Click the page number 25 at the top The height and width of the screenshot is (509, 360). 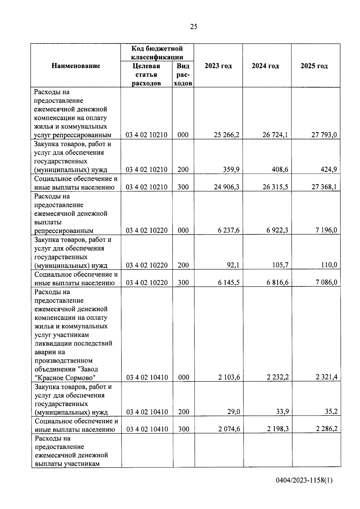[194, 27]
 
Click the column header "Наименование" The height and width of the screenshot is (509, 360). [76, 66]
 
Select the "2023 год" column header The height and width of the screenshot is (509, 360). [218, 66]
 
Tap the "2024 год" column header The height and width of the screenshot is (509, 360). [265, 66]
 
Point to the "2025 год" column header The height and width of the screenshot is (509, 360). [314, 66]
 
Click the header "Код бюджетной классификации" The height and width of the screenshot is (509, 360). [157, 53]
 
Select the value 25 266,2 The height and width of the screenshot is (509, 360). [226, 135]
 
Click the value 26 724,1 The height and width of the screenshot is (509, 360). [275, 135]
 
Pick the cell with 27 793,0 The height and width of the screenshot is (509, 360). [324, 135]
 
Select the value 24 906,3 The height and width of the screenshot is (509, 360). [226, 187]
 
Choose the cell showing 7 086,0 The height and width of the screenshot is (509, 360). [326, 283]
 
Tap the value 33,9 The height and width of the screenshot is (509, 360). [282, 412]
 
